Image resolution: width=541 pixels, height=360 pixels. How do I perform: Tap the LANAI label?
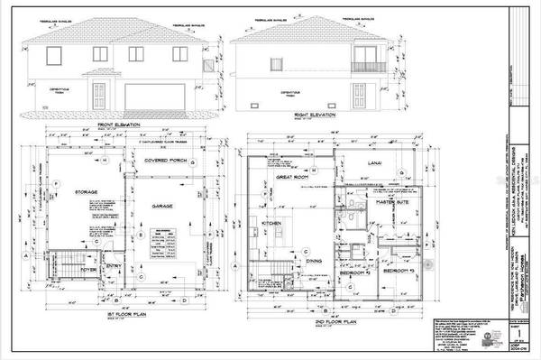(x=377, y=162)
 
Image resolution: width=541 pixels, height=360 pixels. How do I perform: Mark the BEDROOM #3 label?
(x=397, y=271)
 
